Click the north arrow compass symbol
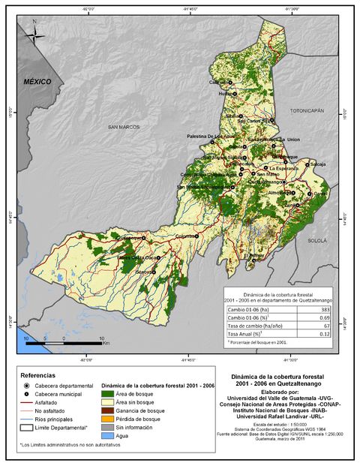[34, 34]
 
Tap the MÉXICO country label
[36, 80]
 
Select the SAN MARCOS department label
[124, 127]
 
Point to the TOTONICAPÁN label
[307, 110]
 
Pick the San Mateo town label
[268, 175]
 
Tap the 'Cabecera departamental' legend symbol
[28, 383]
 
